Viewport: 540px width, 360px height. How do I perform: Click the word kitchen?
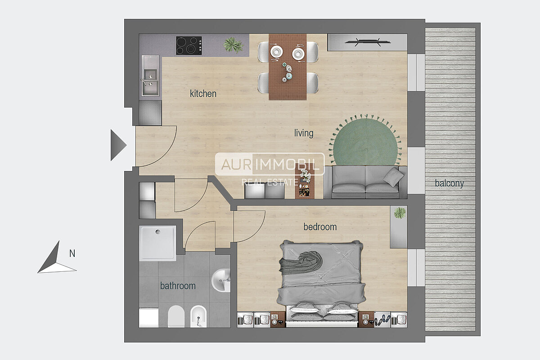(203, 94)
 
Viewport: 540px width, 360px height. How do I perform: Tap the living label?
(304, 133)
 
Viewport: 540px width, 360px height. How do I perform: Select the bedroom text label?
(320, 227)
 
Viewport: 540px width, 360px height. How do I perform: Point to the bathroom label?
(178, 286)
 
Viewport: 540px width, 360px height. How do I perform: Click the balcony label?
(450, 183)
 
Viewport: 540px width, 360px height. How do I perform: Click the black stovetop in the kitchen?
(189, 45)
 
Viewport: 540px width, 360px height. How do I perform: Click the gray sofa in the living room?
(365, 182)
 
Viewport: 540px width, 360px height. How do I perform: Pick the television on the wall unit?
(367, 42)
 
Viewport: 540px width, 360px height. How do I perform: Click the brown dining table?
(288, 67)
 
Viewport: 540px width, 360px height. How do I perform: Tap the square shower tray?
(157, 243)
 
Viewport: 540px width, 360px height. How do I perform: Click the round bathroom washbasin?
(221, 280)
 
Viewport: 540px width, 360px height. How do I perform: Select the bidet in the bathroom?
(198, 316)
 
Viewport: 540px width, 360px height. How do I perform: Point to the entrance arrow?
(118, 145)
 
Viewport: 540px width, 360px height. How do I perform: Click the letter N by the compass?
(72, 253)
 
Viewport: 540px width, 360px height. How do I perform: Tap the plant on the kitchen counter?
(233, 45)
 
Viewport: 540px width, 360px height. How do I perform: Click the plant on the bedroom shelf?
(400, 213)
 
